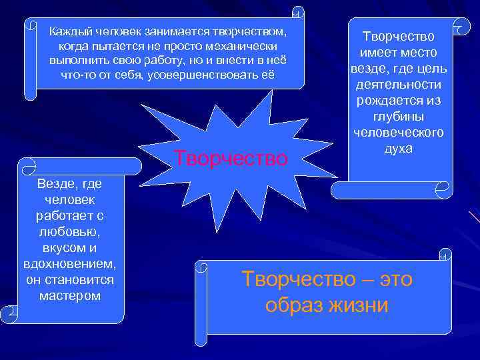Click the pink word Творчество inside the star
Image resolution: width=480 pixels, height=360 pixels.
tap(231, 159)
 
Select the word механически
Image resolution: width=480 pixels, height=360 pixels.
tap(243, 47)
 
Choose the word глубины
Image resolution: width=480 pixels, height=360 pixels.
tap(398, 117)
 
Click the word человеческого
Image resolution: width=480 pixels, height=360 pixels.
tap(398, 133)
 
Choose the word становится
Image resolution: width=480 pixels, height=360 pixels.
tap(78, 279)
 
